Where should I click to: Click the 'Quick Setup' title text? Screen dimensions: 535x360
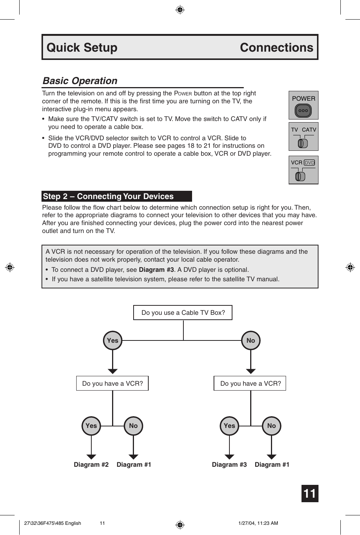[82, 48]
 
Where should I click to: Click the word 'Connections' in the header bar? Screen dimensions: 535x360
[276, 48]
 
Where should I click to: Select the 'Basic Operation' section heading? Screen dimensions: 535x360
[80, 81]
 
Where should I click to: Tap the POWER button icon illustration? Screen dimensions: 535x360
[303, 111]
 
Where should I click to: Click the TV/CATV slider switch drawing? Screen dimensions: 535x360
[303, 143]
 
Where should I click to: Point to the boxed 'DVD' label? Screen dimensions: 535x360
[309, 162]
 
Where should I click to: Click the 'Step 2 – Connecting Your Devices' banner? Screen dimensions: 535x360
[117, 196]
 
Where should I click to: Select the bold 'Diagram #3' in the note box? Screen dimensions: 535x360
[156, 270]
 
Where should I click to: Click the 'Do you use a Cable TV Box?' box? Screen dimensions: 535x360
[183, 313]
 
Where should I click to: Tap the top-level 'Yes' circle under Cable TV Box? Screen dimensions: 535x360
[112, 340]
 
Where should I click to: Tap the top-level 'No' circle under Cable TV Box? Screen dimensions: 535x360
[251, 340]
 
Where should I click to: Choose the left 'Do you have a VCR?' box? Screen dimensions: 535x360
[112, 383]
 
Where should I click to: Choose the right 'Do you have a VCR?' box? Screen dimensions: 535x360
[251, 383]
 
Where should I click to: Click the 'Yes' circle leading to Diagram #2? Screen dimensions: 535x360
[91, 426]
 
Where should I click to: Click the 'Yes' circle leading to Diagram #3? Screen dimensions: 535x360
[229, 426]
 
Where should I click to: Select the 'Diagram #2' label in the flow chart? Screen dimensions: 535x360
[91, 464]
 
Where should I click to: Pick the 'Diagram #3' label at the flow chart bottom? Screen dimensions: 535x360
[229, 464]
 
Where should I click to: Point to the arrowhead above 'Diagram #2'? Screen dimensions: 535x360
[91, 457]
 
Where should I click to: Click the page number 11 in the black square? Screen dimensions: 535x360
[310, 494]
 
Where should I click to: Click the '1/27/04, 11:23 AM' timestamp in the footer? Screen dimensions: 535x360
[258, 523]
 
